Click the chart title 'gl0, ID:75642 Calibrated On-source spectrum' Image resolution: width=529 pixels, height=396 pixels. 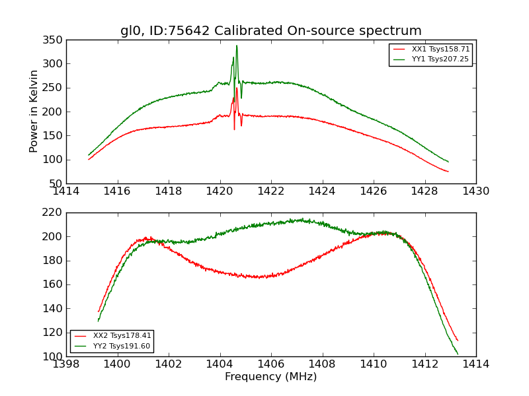(x=270, y=31)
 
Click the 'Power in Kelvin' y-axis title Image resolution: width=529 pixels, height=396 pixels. (x=34, y=112)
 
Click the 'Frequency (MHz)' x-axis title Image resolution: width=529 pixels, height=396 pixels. (x=270, y=377)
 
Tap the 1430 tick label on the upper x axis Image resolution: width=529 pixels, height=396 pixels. (x=475, y=191)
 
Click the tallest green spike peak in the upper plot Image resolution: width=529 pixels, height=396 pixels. (x=237, y=46)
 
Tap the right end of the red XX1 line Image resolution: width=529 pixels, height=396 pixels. (x=448, y=172)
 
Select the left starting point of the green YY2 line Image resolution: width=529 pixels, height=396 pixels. (x=99, y=321)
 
